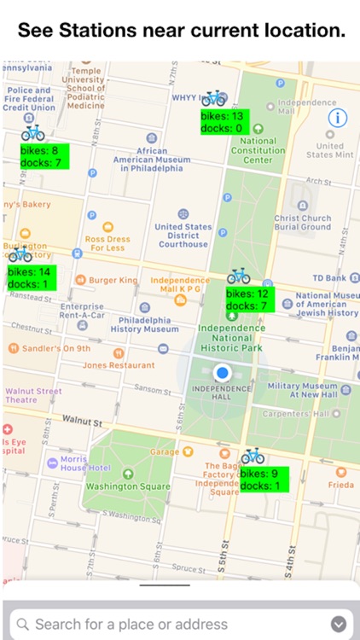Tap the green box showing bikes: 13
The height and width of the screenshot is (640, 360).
(x=223, y=121)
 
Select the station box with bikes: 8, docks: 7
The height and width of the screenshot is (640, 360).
(x=44, y=155)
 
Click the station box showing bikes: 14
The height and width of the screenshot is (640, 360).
(x=30, y=278)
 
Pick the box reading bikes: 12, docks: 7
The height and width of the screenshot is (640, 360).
(x=250, y=300)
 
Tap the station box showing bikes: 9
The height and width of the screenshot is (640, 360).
(x=264, y=479)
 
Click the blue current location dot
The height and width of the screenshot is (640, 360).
(x=223, y=372)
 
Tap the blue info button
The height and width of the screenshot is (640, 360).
(x=338, y=118)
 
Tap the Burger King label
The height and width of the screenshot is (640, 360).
(x=113, y=280)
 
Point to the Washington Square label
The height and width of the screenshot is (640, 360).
(x=128, y=486)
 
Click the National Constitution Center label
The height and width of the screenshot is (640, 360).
(x=257, y=150)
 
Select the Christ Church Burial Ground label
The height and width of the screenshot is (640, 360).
(x=302, y=223)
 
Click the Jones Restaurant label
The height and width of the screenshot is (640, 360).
(x=119, y=365)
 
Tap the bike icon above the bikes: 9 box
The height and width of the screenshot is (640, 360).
(x=253, y=457)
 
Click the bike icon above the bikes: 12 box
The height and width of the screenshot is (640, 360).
(x=238, y=276)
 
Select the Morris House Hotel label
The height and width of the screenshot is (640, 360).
(x=84, y=463)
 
